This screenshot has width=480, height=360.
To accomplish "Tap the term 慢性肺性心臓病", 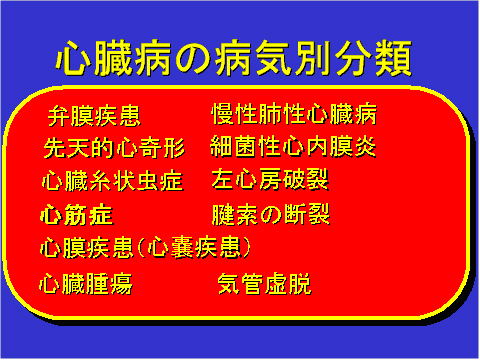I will [294, 114].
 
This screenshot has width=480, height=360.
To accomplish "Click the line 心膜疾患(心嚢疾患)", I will [142, 246].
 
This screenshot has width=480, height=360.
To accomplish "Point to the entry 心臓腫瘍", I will [85, 284].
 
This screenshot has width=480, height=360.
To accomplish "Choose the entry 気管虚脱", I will [264, 284].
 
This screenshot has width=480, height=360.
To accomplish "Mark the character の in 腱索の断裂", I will [271, 215].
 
